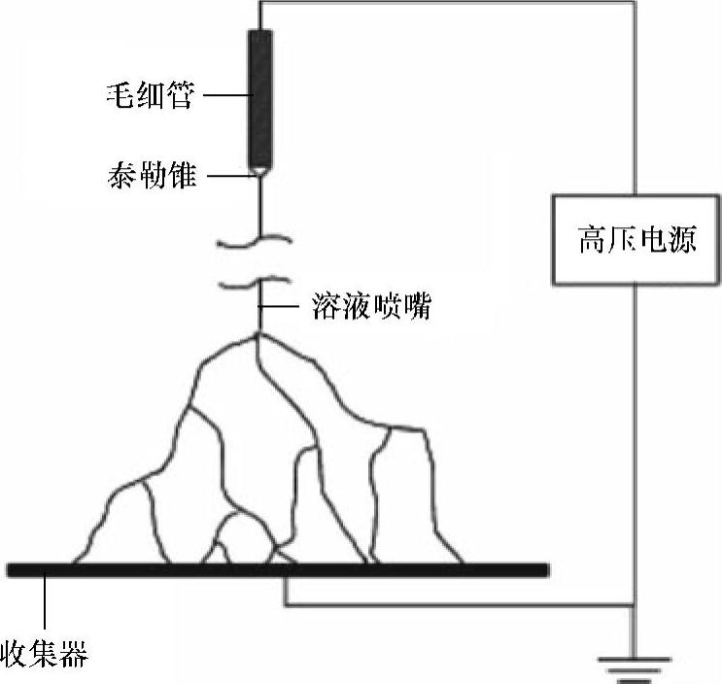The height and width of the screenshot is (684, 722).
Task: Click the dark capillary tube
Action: [260, 97]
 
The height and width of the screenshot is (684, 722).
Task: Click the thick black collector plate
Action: [277, 569]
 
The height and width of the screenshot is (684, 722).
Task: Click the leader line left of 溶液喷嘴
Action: [282, 309]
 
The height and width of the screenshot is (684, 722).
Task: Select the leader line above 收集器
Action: [45, 602]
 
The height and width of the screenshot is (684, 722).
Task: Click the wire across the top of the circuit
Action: [447, 4]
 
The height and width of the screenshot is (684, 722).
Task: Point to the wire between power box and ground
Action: [634, 447]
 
